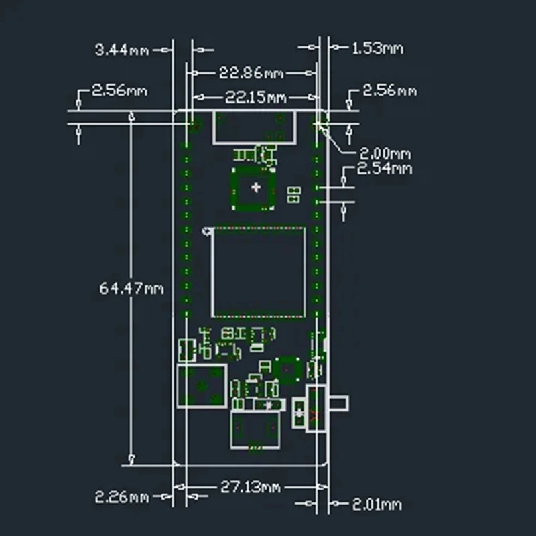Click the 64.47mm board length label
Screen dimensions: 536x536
point(131,288)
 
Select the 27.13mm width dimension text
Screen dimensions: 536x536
point(251,488)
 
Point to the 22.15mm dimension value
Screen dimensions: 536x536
point(255,98)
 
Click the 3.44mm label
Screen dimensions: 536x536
point(122,49)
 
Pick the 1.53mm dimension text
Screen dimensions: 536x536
point(377,48)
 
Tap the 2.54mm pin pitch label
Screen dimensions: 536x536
point(384,169)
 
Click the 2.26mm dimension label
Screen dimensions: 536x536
point(121,497)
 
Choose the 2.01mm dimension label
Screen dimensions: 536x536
point(377,504)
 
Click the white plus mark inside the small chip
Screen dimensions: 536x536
point(254,188)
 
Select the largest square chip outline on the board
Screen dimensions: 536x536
point(259,272)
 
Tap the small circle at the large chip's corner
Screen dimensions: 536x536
point(207,232)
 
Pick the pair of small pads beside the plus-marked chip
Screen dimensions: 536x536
point(293,195)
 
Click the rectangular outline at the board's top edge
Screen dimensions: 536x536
point(255,127)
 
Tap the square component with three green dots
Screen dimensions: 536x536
point(201,387)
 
